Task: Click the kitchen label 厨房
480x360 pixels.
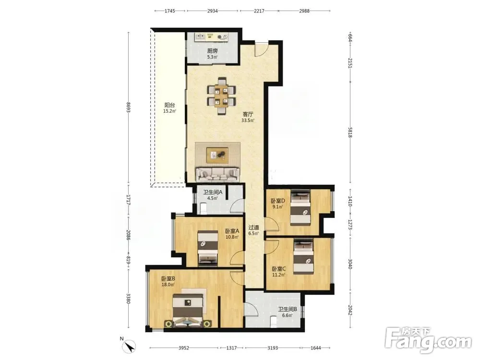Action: pyautogui.click(x=212, y=51)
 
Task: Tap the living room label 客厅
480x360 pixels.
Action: pyautogui.click(x=248, y=114)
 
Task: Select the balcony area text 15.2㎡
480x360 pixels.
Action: pyautogui.click(x=169, y=111)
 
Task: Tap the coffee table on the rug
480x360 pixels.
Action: pyautogui.click(x=217, y=155)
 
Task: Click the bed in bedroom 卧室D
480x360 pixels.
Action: pyautogui.click(x=300, y=207)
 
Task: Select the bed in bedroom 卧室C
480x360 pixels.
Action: pyautogui.click(x=303, y=256)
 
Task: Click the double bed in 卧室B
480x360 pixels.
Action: pyautogui.click(x=188, y=310)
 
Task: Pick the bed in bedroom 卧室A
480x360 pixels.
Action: pyautogui.click(x=208, y=247)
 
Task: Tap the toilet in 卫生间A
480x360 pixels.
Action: pyautogui.click(x=203, y=208)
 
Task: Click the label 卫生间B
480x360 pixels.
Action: pyautogui.click(x=287, y=310)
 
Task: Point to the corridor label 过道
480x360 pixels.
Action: pyautogui.click(x=253, y=228)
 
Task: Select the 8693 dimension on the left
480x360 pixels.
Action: pyautogui.click(x=129, y=107)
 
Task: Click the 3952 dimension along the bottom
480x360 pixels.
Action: pyautogui.click(x=184, y=348)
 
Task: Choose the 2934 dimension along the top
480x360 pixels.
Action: pyautogui.click(x=213, y=11)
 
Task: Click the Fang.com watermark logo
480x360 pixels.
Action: pyautogui.click(x=428, y=340)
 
